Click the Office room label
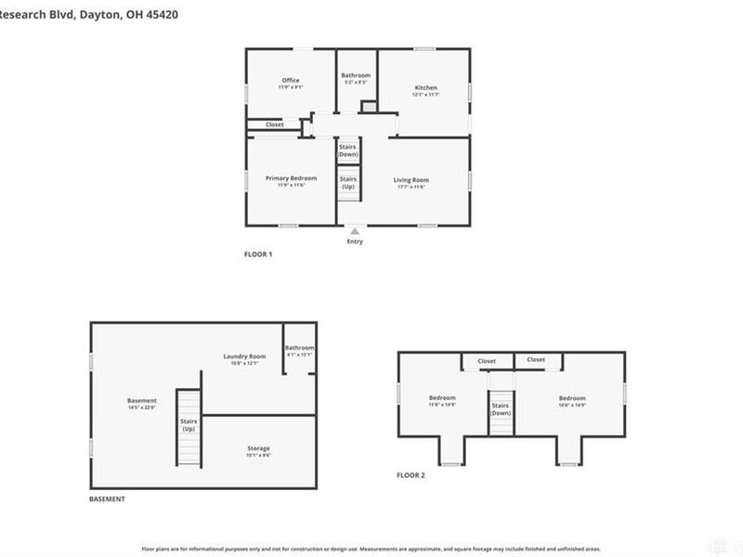click(291, 81)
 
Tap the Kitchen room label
click(425, 88)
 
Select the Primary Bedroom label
click(291, 178)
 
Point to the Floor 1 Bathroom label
click(356, 75)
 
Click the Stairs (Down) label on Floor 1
click(348, 150)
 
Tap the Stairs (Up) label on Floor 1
click(348, 183)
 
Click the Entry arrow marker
click(354, 231)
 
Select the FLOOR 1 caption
click(258, 254)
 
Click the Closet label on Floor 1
click(275, 124)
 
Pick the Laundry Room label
click(244, 356)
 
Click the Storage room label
click(258, 448)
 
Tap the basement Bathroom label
click(299, 348)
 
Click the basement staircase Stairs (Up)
click(189, 425)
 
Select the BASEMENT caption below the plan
click(107, 499)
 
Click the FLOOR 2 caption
click(411, 475)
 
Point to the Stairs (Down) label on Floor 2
click(501, 409)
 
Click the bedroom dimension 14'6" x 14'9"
click(571, 405)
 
